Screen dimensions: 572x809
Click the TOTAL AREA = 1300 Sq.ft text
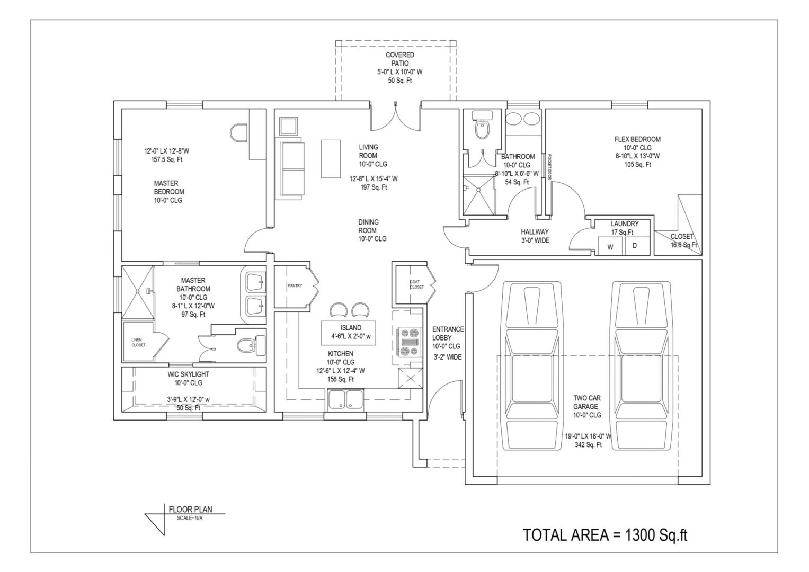coord(605,535)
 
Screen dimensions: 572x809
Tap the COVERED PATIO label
coord(399,59)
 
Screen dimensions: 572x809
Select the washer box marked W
coord(610,246)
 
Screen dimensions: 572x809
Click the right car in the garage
coord(640,365)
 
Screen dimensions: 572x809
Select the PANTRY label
coord(295,286)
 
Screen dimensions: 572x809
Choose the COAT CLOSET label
coord(416,284)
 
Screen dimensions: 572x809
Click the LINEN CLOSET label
coord(138,342)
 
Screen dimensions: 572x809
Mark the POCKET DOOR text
coord(550,167)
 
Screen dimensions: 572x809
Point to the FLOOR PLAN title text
coord(190,510)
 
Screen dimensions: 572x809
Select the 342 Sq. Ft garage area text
coord(588,445)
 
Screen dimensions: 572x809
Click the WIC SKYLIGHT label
coord(188,374)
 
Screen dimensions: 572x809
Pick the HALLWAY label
coord(535,231)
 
